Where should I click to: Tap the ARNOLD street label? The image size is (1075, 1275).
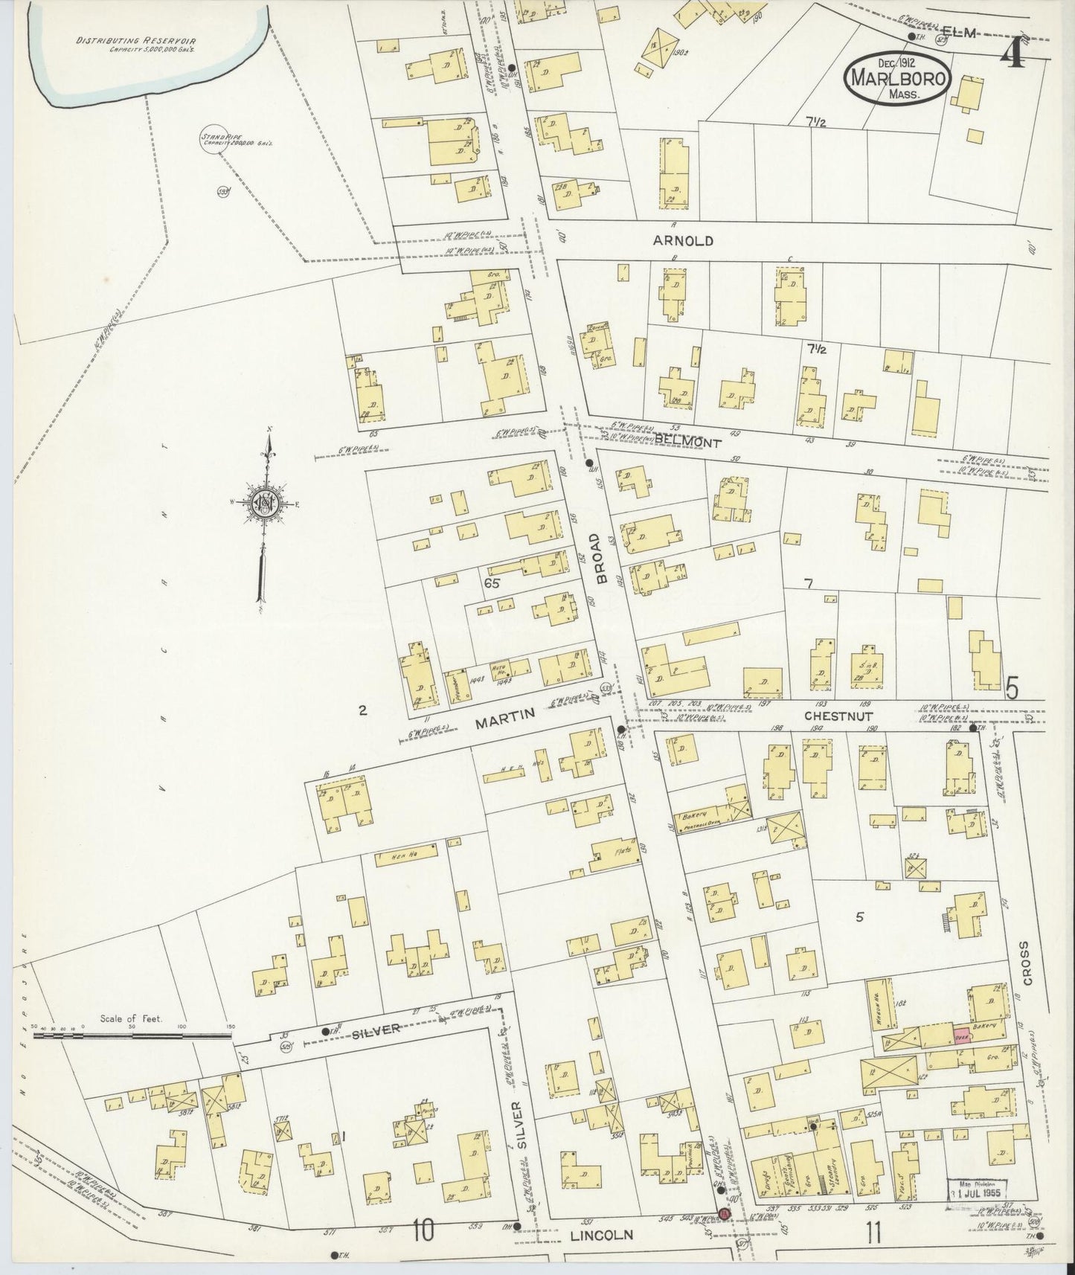683,241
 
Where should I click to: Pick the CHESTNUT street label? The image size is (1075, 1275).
838,716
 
